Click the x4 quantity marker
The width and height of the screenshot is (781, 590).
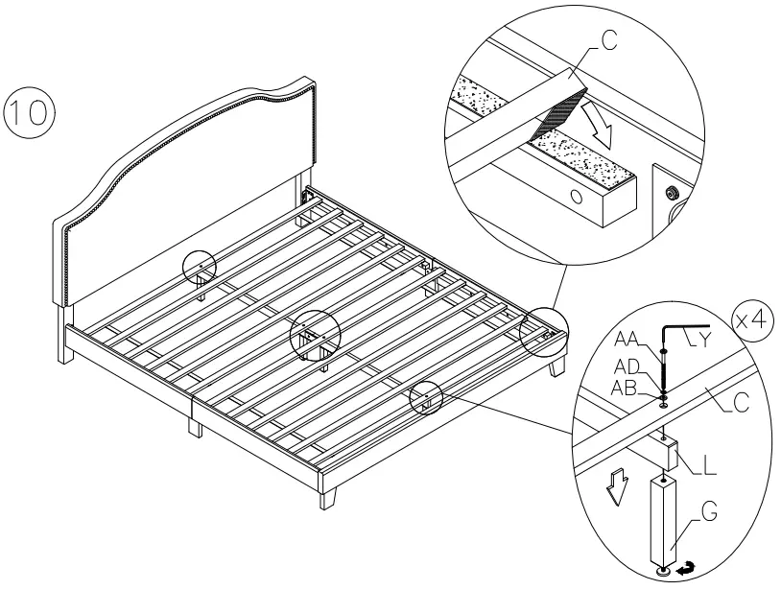coord(753,321)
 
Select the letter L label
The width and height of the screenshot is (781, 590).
coord(708,467)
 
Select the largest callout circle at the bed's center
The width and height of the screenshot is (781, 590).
coord(316,335)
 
